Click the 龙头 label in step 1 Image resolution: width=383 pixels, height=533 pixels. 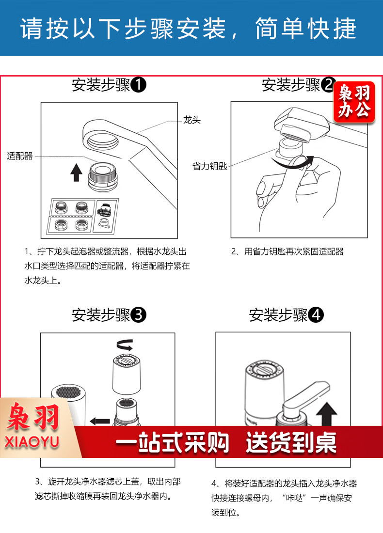(x=192, y=120)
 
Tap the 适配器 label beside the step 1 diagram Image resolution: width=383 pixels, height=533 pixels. (x=20, y=156)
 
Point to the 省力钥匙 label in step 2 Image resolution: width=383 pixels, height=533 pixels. (x=209, y=166)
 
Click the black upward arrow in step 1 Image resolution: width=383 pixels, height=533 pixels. (x=76, y=172)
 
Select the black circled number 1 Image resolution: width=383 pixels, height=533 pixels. (x=139, y=85)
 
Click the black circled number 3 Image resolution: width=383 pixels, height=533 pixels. (x=139, y=315)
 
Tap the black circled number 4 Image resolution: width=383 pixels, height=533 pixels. (x=316, y=315)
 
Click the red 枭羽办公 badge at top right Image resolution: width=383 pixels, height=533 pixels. (x=354, y=102)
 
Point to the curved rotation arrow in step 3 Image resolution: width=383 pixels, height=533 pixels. (x=125, y=345)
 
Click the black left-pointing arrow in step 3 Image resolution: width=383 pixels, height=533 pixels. (x=100, y=421)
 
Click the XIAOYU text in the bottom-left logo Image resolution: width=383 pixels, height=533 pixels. (x=32, y=441)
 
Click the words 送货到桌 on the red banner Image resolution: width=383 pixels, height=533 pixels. (x=291, y=442)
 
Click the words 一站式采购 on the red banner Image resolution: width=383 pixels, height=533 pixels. (x=172, y=442)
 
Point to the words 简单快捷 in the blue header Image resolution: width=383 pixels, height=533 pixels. (x=306, y=29)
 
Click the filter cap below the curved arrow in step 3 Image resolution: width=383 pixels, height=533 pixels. (x=127, y=374)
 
